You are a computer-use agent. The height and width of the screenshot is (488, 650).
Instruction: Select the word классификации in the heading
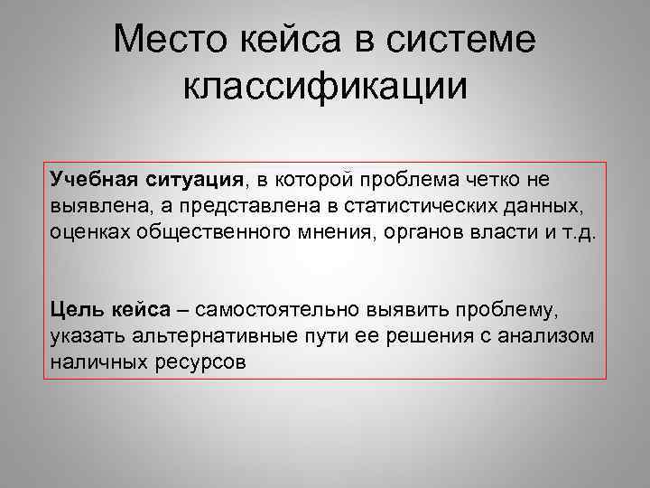(325, 87)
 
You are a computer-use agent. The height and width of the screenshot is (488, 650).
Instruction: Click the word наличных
(96, 361)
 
